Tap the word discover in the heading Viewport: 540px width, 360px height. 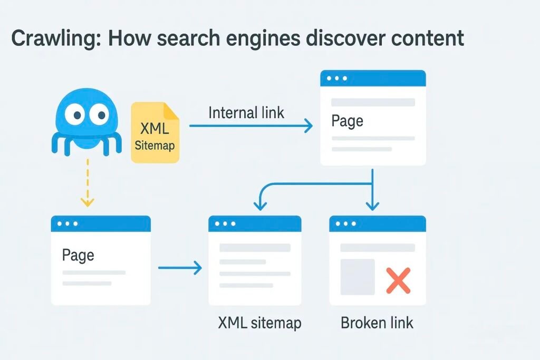[x=345, y=38]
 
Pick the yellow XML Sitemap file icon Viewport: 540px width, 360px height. [x=155, y=132]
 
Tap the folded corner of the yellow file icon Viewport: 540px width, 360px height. [x=172, y=110]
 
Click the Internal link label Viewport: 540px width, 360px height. [x=246, y=113]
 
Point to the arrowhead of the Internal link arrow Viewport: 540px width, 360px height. [x=308, y=125]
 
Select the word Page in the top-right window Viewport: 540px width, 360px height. [x=347, y=121]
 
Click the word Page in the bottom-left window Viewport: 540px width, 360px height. [x=78, y=255]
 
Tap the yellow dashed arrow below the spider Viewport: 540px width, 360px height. [x=88, y=182]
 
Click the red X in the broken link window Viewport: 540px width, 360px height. [x=398, y=280]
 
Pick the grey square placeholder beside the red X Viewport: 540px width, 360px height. [x=358, y=277]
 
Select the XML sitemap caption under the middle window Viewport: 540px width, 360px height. [x=259, y=323]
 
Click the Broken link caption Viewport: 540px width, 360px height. [x=377, y=323]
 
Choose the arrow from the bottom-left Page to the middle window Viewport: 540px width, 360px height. [x=180, y=267]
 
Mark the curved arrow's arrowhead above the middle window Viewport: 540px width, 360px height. [x=260, y=206]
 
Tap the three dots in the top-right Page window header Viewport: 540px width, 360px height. [x=337, y=78]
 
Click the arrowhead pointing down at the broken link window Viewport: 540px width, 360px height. [x=372, y=206]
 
